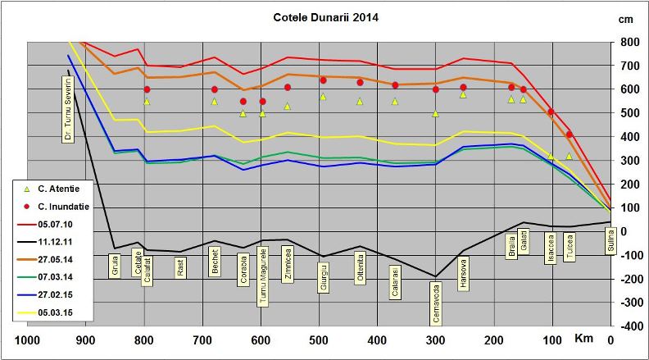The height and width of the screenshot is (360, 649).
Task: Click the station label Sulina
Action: (x=610, y=243)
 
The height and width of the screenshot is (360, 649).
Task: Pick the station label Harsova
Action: (x=463, y=271)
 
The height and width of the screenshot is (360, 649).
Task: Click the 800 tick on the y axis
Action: (x=630, y=42)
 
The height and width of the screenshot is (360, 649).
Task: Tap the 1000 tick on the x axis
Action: (x=28, y=340)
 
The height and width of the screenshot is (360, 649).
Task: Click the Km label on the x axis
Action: (x=583, y=338)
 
